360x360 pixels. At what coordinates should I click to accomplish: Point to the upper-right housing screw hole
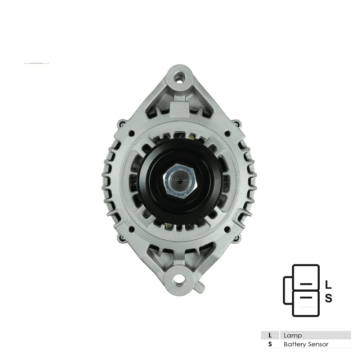click(x=227, y=133)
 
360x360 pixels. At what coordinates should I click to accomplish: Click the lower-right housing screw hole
click(x=227, y=229)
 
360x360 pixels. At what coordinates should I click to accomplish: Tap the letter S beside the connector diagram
click(x=329, y=298)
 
